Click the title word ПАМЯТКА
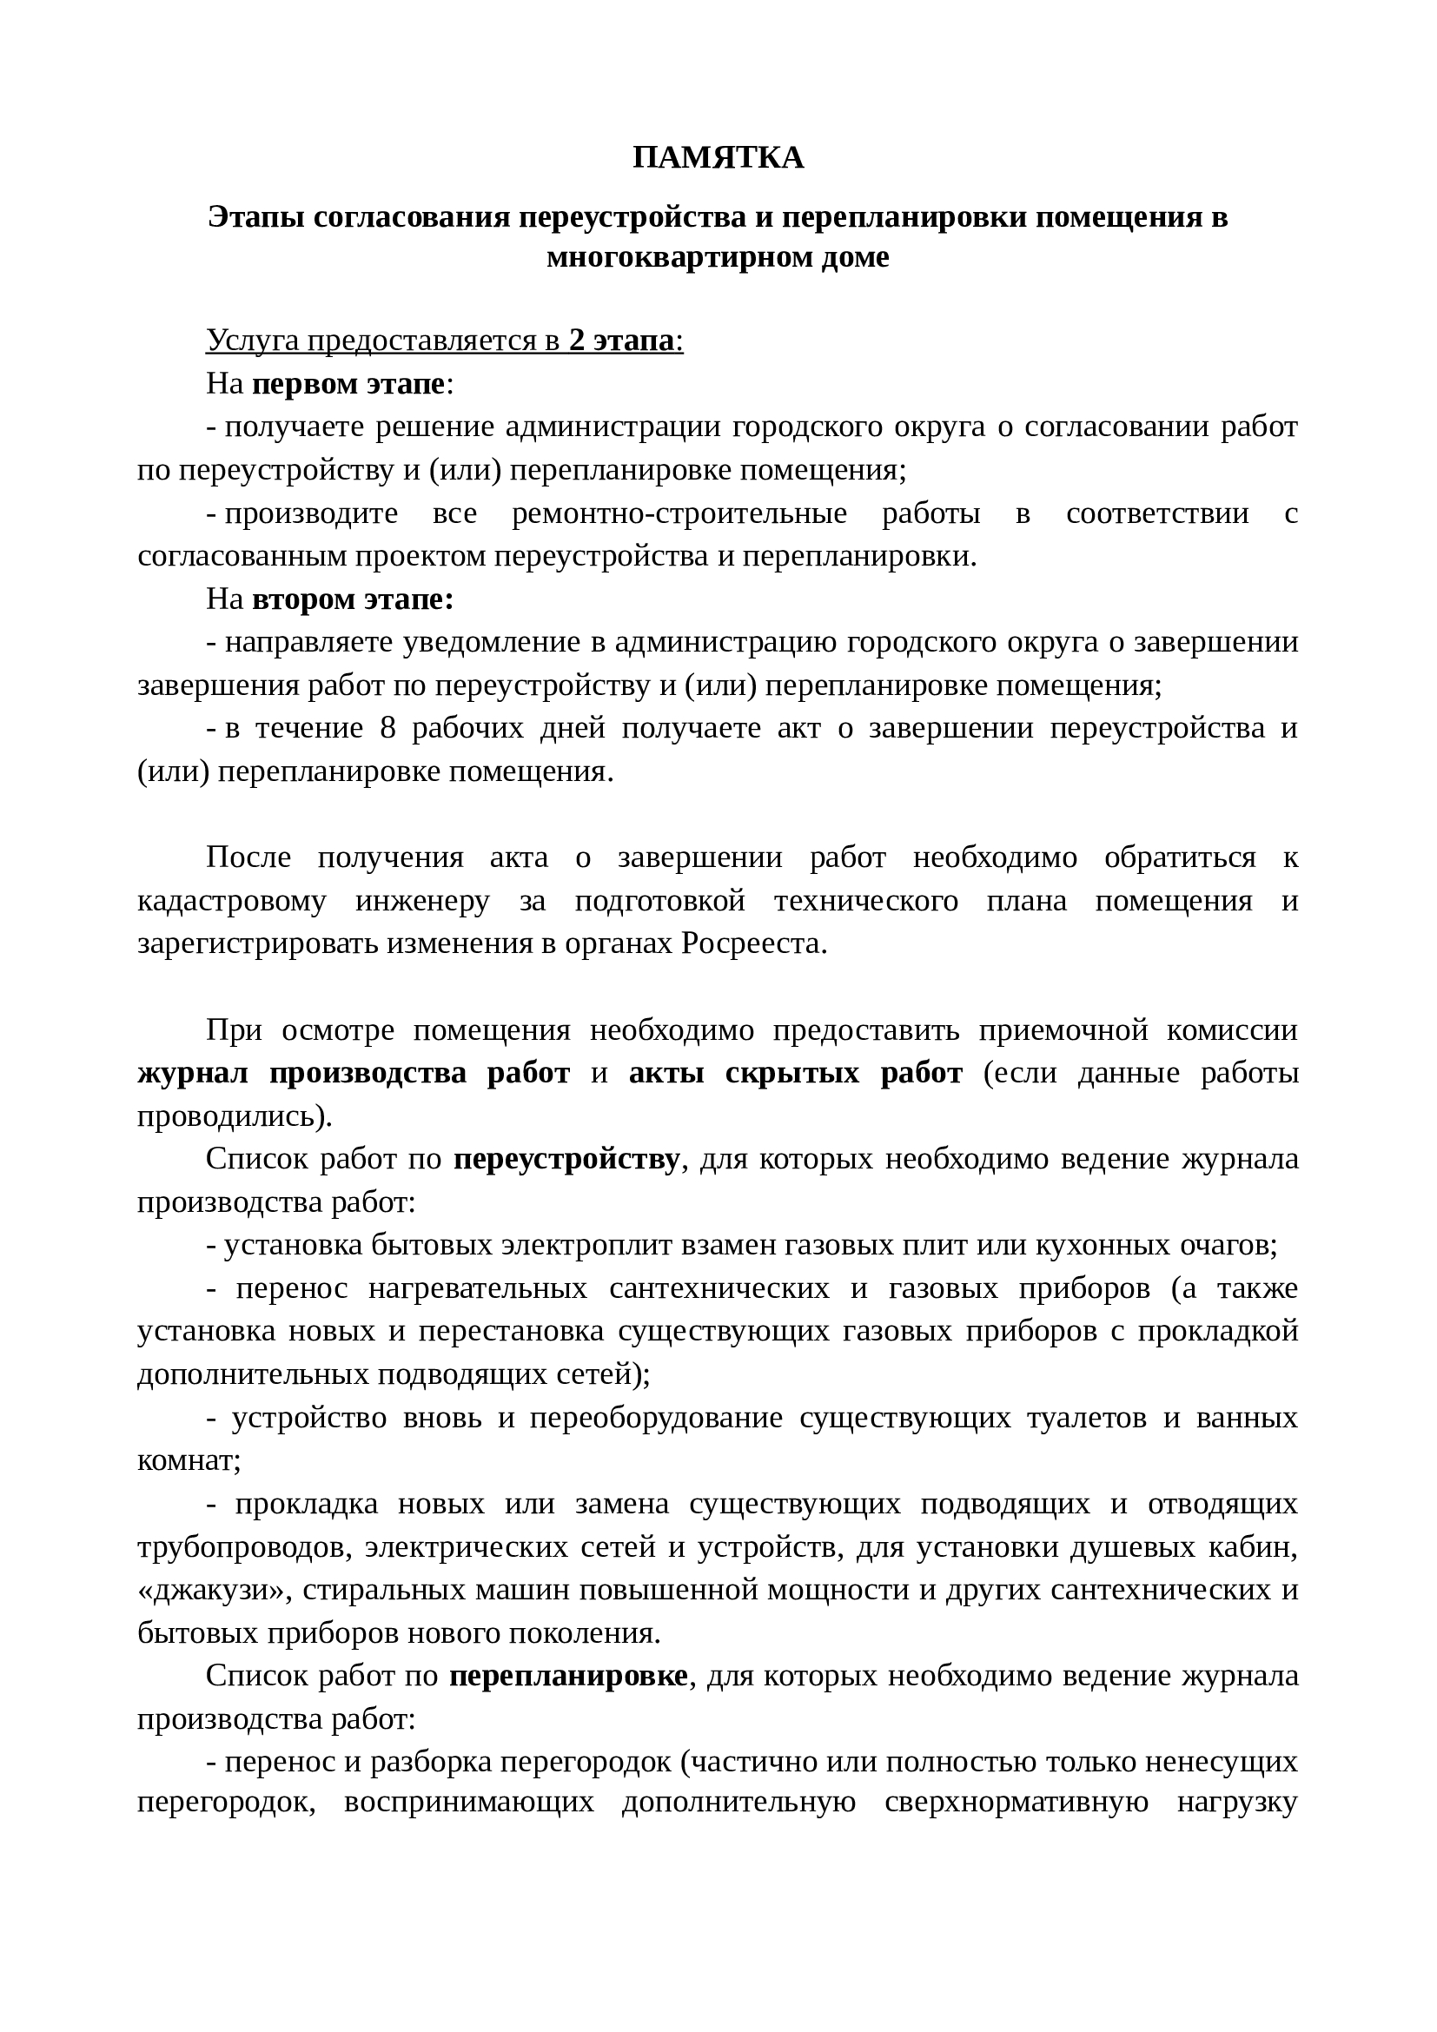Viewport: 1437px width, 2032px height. (718, 157)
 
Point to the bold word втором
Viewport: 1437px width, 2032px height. (302, 599)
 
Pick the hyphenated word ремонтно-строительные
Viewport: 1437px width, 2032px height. (679, 513)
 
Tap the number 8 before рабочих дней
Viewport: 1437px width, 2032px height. (387, 727)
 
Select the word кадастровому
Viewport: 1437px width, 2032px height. (231, 900)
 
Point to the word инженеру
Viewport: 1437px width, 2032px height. (422, 900)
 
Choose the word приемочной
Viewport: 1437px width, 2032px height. (1063, 1029)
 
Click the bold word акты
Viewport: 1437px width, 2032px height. (666, 1073)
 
